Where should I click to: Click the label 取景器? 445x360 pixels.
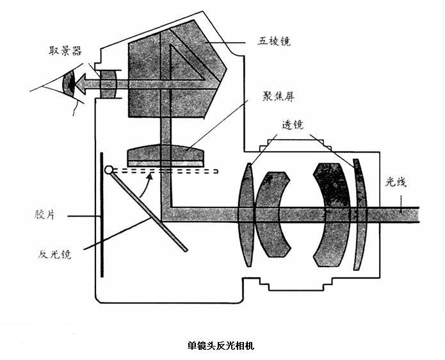pos(65,51)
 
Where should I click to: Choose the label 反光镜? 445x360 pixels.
pos(54,254)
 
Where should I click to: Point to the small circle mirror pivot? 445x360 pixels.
pos(109,170)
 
